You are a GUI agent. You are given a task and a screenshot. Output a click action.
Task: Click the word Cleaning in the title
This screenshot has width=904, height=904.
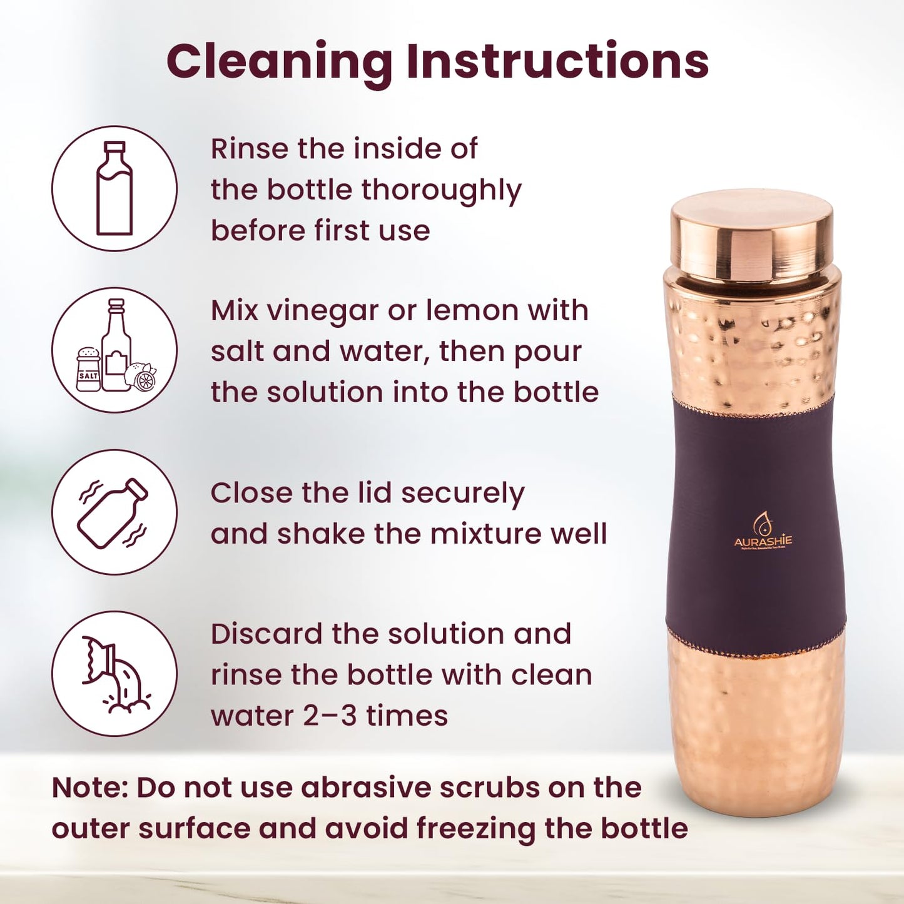(x=279, y=61)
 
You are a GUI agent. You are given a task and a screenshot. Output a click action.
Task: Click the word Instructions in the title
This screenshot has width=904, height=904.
(x=557, y=61)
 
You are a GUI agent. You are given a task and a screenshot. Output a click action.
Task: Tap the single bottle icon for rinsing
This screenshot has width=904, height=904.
(x=114, y=188)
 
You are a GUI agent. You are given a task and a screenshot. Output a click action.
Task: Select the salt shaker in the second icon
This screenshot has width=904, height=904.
(x=88, y=370)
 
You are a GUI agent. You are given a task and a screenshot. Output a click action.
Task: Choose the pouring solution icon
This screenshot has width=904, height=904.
(x=114, y=674)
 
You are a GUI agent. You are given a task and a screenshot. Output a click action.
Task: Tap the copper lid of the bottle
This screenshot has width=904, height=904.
(x=751, y=235)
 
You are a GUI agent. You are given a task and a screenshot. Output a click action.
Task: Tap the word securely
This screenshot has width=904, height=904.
(x=462, y=494)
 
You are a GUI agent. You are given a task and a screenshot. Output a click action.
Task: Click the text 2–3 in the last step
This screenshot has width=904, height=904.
(x=330, y=715)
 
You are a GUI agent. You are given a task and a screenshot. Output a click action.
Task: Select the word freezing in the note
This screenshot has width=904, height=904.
(x=475, y=829)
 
